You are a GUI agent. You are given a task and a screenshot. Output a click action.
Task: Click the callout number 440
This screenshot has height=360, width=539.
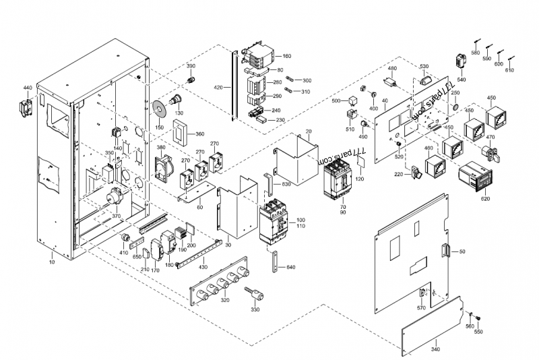(28, 88)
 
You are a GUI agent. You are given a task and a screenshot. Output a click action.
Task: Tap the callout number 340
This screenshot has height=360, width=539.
(435, 349)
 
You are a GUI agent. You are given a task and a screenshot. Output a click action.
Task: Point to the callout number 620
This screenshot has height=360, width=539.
(486, 199)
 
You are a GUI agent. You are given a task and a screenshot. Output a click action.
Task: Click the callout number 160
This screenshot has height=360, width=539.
(286, 57)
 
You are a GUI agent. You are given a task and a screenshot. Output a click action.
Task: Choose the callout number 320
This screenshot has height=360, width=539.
(224, 299)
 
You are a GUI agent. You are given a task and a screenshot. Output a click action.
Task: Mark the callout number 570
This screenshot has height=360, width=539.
(421, 307)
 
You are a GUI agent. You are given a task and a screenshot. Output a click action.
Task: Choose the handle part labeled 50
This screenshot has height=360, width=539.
(444, 251)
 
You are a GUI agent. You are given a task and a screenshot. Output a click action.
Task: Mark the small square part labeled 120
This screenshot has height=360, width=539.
(360, 164)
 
